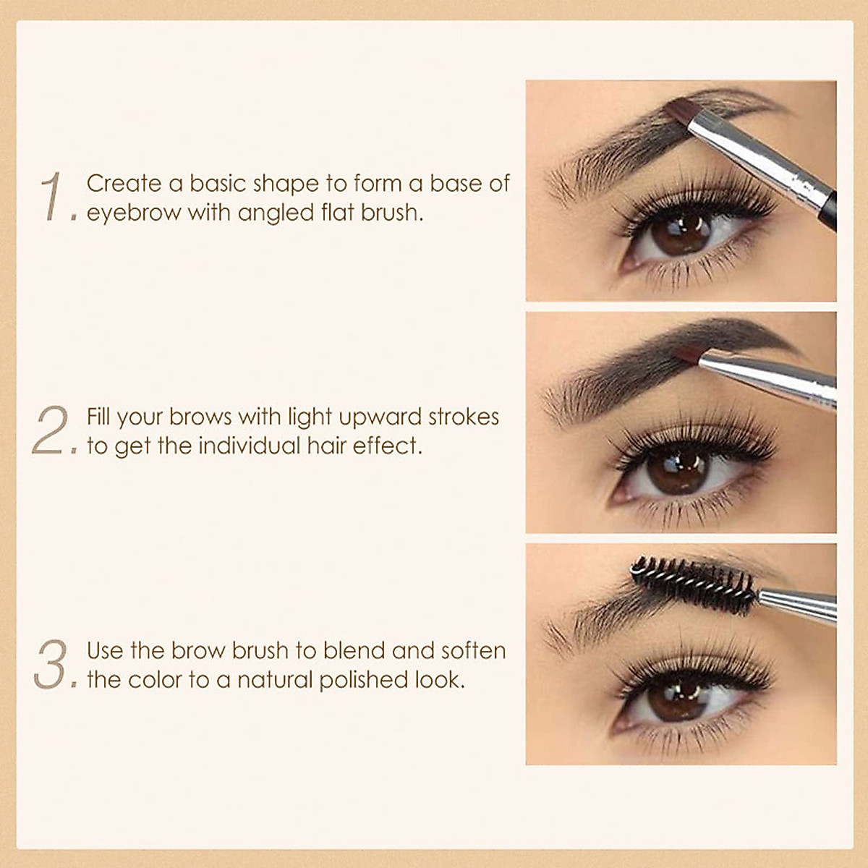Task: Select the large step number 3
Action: tap(51, 665)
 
